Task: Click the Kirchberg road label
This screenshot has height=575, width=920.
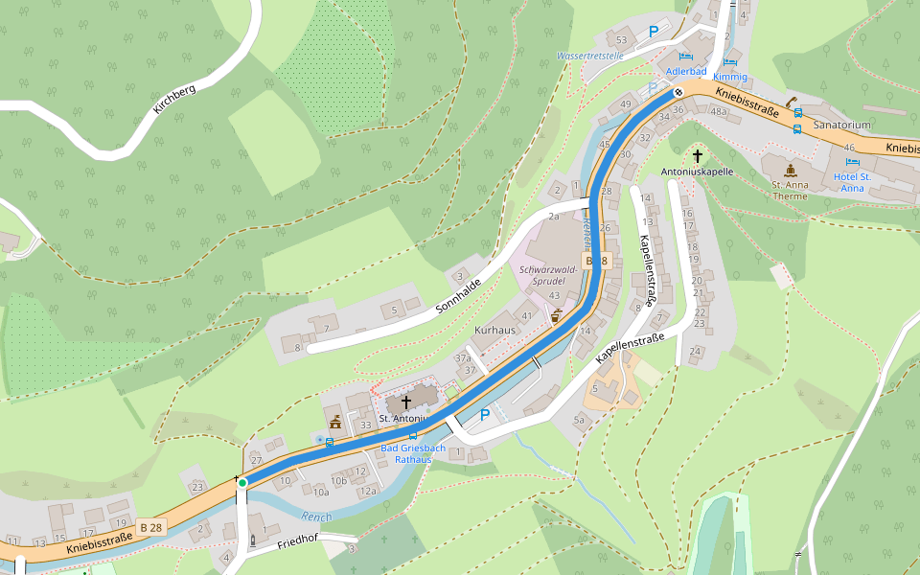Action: [x=173, y=101]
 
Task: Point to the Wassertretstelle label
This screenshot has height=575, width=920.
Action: [x=590, y=57]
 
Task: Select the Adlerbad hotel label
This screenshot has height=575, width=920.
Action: [x=686, y=72]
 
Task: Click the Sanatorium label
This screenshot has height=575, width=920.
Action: [x=840, y=126]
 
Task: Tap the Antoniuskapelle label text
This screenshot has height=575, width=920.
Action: [x=697, y=172]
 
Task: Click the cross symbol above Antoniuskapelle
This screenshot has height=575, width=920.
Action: [x=698, y=155]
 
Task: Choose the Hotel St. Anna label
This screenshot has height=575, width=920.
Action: [x=852, y=182]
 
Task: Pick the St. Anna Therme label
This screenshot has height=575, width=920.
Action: [x=790, y=190]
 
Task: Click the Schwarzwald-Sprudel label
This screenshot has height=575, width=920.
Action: [x=548, y=277]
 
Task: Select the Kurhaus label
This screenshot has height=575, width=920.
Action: [x=494, y=330]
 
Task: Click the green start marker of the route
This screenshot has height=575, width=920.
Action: [x=242, y=482]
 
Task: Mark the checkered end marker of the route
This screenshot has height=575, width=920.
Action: [x=678, y=93]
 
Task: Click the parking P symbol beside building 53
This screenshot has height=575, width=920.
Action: [x=654, y=32]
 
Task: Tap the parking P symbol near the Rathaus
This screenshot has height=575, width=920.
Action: [x=484, y=415]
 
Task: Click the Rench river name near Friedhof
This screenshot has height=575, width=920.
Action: [x=316, y=517]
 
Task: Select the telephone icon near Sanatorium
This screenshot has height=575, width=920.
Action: [x=793, y=100]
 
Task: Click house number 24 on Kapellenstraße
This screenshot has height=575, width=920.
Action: [x=695, y=352]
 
